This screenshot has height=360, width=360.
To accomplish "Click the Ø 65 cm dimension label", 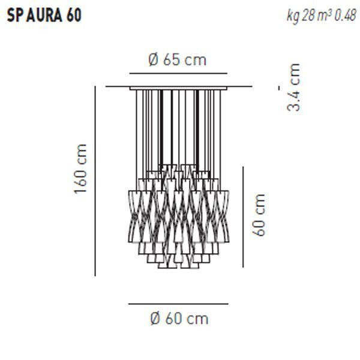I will coord(178,59).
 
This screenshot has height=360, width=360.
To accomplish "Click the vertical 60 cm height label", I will coord(259,214).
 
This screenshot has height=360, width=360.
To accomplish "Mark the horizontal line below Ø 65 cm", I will coord(178,73).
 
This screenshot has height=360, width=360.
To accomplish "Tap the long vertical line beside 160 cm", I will coord(95,180).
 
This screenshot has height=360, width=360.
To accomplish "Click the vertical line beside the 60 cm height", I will coord(242,216).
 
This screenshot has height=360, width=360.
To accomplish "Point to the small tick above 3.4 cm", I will coord(280,88).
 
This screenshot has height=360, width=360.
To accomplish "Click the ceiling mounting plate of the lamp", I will coord(178,88).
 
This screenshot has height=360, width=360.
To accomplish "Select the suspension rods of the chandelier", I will coord(178,126).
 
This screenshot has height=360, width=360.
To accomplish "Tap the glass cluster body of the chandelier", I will coord(178,216).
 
